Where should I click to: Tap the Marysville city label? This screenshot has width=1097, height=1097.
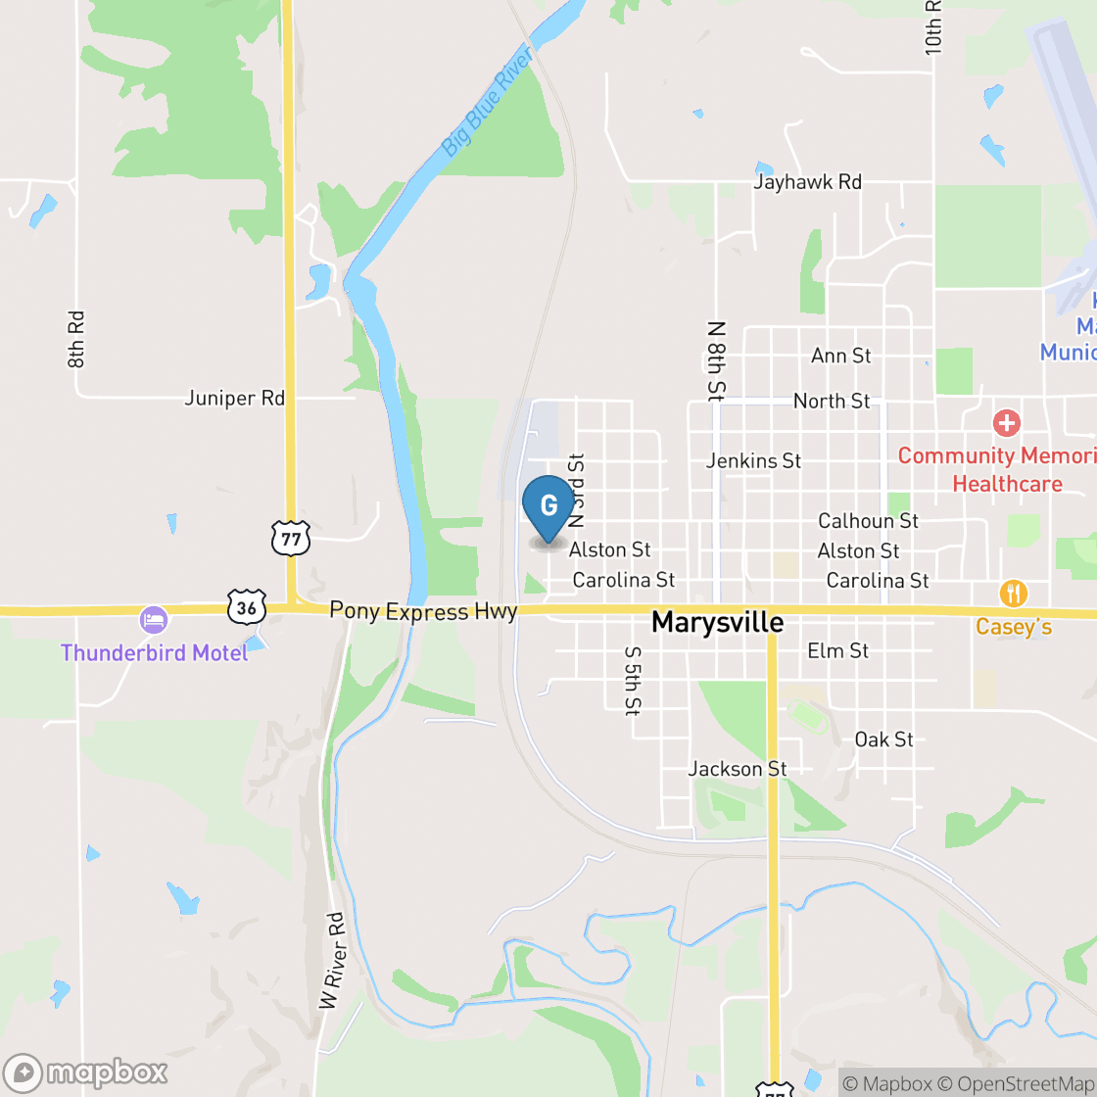tap(718, 622)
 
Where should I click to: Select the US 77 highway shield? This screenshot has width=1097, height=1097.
tap(291, 538)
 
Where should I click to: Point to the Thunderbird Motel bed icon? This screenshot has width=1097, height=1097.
tap(154, 619)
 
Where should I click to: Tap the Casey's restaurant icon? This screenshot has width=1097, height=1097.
tap(1013, 594)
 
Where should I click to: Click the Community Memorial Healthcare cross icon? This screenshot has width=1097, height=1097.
tap(1006, 424)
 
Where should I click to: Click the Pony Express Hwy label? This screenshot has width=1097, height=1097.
tap(423, 611)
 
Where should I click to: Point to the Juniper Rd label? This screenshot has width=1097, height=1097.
tap(235, 399)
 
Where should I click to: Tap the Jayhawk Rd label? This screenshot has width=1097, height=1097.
tap(808, 182)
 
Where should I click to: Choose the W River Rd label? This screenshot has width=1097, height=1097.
tap(334, 961)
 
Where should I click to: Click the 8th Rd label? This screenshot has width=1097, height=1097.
tap(77, 339)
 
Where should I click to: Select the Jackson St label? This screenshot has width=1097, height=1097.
tap(738, 769)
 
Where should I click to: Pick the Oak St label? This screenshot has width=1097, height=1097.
tap(883, 739)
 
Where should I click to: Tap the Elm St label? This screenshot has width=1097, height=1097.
tap(837, 650)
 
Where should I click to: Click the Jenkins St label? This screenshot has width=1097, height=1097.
tap(753, 460)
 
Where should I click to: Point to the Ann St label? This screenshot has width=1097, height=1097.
tap(840, 356)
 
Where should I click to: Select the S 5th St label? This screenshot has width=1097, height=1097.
tap(633, 679)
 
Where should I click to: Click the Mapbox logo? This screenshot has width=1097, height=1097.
tap(85, 1073)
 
